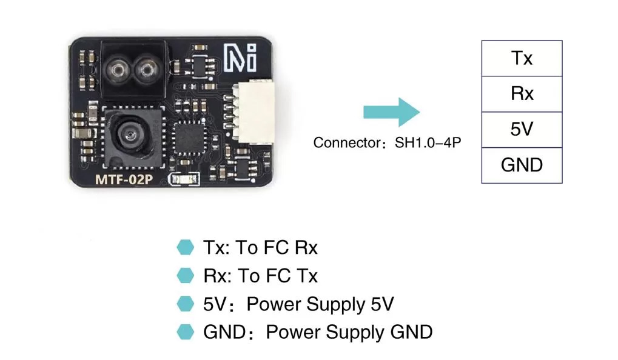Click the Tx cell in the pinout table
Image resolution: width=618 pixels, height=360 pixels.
[x=522, y=58]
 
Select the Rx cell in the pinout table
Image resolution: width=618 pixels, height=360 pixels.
[x=522, y=94]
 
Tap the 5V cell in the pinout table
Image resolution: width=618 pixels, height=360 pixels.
[x=522, y=129]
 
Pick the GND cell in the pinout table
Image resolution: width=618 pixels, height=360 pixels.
[x=522, y=165]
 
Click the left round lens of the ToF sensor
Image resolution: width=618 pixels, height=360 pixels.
[x=118, y=71]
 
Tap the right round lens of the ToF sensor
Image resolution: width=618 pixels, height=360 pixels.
[x=145, y=71]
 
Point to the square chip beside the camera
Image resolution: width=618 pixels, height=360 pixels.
[x=187, y=138]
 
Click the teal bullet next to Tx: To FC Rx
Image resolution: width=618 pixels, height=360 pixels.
[x=184, y=247]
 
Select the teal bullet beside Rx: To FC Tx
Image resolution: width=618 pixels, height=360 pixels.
[x=184, y=276]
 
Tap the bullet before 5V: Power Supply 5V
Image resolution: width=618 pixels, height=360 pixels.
[x=184, y=304]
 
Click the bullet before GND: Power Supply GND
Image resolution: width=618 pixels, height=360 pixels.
[x=184, y=332]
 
